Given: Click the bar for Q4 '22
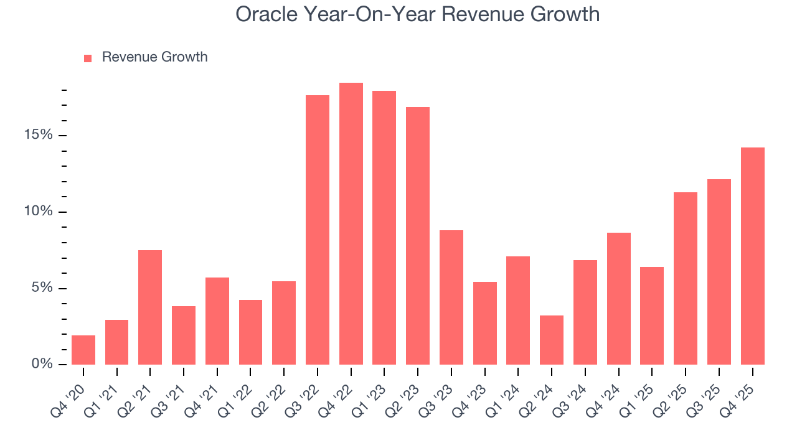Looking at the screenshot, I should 351,224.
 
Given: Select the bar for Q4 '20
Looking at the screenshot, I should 83,350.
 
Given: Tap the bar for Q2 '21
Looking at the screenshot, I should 150,307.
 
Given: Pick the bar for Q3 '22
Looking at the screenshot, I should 318,230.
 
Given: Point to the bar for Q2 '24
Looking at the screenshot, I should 552,340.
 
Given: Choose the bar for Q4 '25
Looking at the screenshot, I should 753,256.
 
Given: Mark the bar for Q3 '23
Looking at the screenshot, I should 451,297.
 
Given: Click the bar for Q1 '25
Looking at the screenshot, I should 652,316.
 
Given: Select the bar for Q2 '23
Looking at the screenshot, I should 418,236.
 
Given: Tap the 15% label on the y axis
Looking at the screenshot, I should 39,135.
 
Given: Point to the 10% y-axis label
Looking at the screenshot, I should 39,212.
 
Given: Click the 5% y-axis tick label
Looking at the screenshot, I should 42,288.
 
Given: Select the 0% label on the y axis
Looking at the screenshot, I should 42,364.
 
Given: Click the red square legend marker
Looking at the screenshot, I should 88,58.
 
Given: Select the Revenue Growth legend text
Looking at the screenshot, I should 154,57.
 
